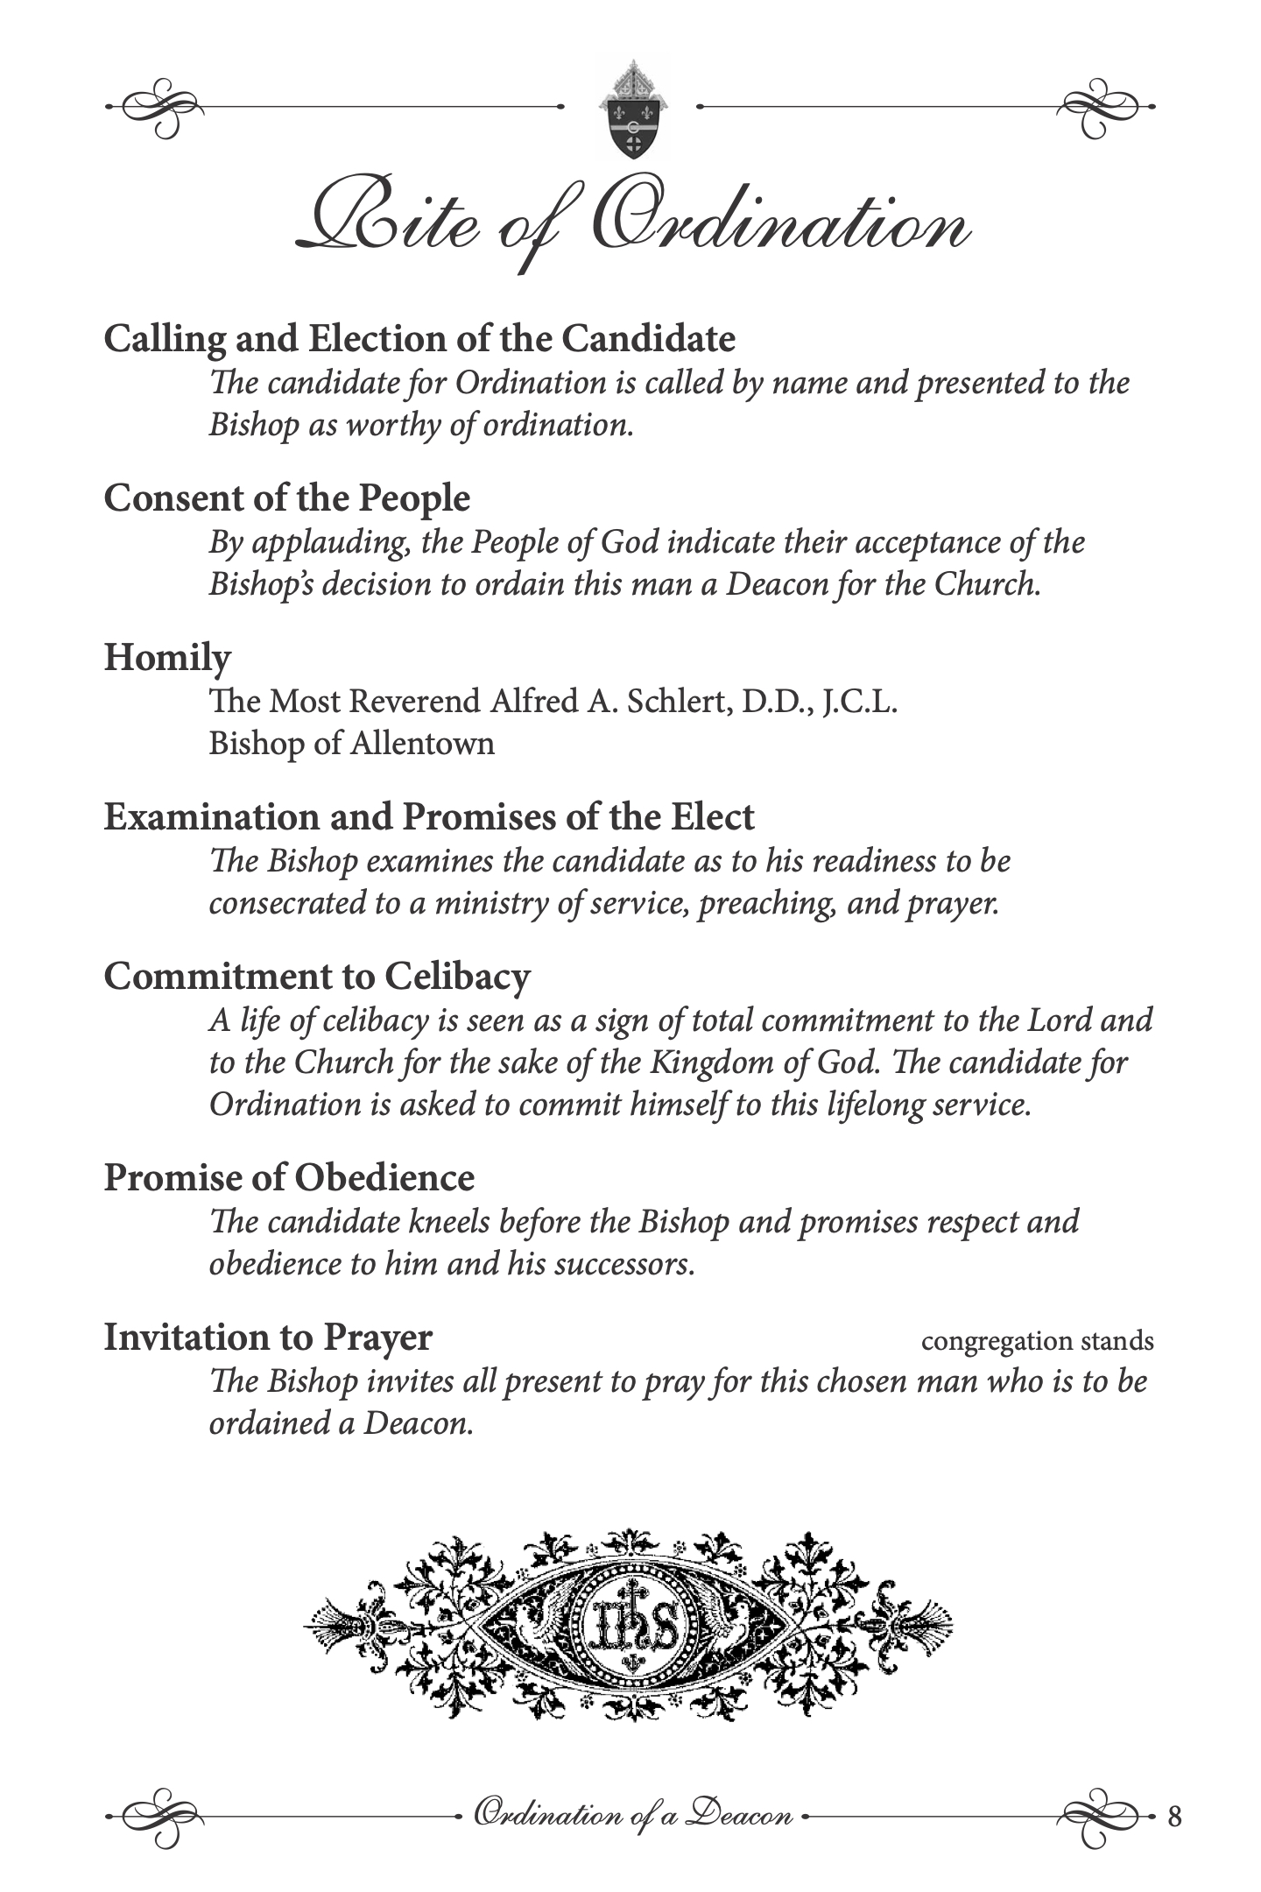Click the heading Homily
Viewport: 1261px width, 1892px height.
[167, 658]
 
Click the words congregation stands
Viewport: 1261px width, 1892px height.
[1037, 1341]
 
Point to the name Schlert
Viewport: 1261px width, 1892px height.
[675, 702]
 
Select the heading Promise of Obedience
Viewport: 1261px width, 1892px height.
[289, 1178]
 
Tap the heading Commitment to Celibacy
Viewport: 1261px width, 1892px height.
[317, 977]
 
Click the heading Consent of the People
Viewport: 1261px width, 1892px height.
[287, 498]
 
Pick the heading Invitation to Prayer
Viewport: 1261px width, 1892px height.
[268, 1338]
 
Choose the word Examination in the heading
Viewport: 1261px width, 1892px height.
[210, 817]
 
